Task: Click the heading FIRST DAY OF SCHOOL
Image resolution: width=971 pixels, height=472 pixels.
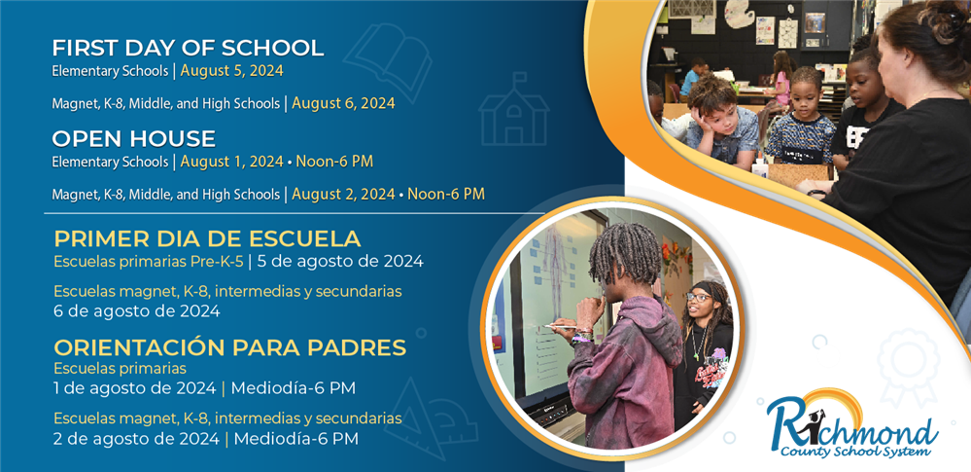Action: (x=188, y=49)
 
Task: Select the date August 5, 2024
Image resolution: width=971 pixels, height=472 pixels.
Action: (x=232, y=71)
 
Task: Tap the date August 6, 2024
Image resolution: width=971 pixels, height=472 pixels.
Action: (x=344, y=103)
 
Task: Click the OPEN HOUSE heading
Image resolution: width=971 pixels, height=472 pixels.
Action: (x=134, y=139)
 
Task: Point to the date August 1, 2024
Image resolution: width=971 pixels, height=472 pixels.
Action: (x=232, y=162)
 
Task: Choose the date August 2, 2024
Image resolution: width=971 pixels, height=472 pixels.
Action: (x=344, y=194)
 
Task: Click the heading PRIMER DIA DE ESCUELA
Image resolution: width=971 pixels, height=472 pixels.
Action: (x=207, y=238)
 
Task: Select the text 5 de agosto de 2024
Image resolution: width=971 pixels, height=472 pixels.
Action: (x=339, y=261)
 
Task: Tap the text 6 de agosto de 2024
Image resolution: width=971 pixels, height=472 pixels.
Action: (x=137, y=310)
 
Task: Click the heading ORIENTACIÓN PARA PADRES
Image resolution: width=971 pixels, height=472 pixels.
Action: (x=230, y=347)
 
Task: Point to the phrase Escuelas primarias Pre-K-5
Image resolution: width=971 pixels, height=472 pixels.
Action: (x=149, y=261)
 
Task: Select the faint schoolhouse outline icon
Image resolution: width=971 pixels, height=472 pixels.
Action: (x=514, y=109)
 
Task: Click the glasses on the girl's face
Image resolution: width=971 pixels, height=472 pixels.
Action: (x=698, y=298)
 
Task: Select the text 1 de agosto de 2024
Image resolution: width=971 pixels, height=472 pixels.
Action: (x=135, y=389)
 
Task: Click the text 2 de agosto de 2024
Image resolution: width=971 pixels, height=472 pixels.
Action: (x=136, y=439)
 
